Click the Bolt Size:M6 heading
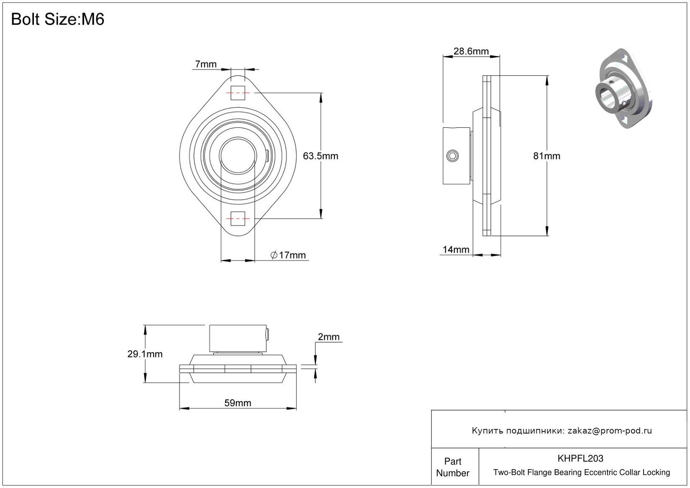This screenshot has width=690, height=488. tap(57, 19)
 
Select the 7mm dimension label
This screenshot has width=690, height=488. tap(206, 64)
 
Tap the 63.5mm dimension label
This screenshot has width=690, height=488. tap(320, 156)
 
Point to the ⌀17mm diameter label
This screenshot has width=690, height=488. tap(288, 255)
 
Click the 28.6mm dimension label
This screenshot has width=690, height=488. tap(471, 51)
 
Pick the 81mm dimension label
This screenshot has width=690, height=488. tap(546, 156)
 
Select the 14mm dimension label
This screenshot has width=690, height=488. tap(456, 250)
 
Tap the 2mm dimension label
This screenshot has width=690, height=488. tap(328, 337)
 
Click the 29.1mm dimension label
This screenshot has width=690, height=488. tap(145, 354)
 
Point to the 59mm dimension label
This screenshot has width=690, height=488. tap(238, 403)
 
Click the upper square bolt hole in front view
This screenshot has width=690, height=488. tap(238, 93)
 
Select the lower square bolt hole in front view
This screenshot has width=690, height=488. tap(238, 218)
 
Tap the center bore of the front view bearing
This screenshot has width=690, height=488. tap(238, 155)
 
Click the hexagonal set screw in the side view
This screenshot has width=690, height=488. tap(452, 156)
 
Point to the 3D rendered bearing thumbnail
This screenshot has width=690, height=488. tap(623, 89)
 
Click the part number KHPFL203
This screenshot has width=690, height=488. tap(580, 458)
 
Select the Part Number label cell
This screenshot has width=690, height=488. tap(452, 467)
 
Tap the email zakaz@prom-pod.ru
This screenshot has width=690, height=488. tap(610, 431)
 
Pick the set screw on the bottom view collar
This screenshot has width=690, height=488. tap(267, 334)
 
